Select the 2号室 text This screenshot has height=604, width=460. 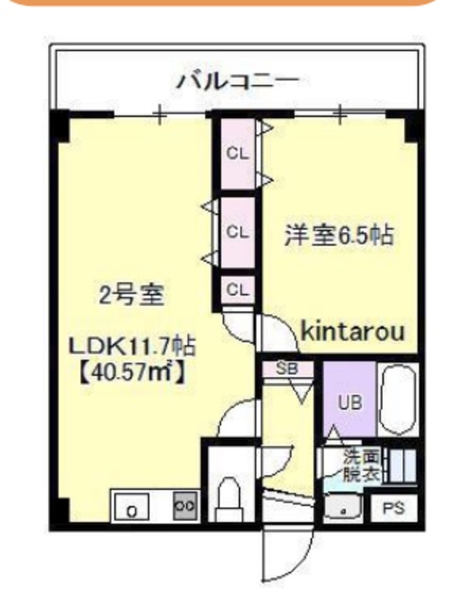pos(132,295)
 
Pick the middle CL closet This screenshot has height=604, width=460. pos(237,229)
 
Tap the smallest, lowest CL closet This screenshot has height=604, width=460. pos(237,289)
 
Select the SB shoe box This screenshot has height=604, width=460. pos(287,370)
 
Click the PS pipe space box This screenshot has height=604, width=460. pos(394,508)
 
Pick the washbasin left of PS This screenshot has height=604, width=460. pos(344,508)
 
